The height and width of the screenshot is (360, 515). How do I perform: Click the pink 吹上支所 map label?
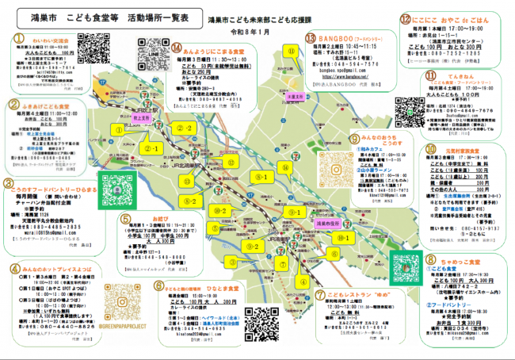point(143,117)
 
